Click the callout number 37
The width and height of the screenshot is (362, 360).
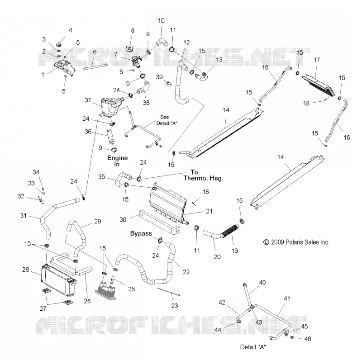[88, 100]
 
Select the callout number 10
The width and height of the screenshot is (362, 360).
[161, 20]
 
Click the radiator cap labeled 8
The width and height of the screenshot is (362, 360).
[130, 49]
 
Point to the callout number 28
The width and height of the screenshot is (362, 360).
[25, 269]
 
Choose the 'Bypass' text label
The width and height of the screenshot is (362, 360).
[141, 233]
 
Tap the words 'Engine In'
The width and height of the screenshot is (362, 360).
[117, 161]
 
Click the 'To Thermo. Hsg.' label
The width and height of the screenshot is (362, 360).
[203, 175]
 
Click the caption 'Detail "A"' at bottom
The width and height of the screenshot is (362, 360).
[253, 347]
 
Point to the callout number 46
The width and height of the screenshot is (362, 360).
[308, 339]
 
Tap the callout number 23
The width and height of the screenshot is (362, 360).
[175, 306]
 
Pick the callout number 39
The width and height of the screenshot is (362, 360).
[159, 77]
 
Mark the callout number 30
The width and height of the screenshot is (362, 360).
[123, 219]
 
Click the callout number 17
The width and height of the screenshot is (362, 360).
[317, 60]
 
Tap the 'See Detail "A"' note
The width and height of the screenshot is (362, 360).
[167, 120]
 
